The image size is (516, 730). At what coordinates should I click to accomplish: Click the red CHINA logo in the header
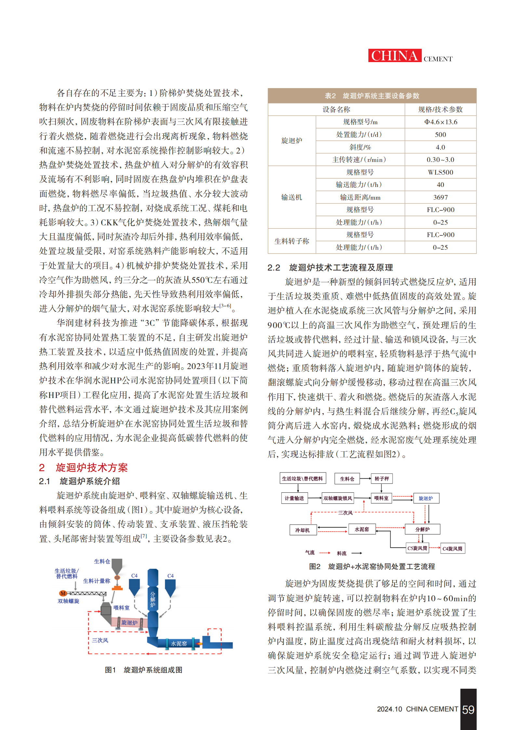coord(394,56)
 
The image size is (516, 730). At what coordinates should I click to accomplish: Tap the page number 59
coord(468,710)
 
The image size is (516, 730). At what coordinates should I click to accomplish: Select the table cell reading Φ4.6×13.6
coord(440,122)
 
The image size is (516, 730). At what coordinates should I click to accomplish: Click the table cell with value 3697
coord(440,197)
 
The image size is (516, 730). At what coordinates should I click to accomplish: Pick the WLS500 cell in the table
coord(440,172)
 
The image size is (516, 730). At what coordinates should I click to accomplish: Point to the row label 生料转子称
coord(292,241)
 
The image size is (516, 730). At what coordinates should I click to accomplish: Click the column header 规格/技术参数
coord(440,110)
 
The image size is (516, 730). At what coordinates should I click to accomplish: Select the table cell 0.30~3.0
coord(440,160)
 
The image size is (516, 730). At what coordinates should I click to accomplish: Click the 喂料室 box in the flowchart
coord(381,498)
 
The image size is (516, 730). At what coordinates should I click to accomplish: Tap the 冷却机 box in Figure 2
coord(302,530)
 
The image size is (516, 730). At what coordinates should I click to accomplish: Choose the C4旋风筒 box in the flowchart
coord(452,549)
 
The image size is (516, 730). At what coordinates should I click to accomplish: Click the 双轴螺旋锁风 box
coord(337,498)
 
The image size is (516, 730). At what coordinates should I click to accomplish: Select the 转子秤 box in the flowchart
coord(381,479)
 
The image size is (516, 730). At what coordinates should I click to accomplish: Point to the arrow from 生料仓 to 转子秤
coord(365,479)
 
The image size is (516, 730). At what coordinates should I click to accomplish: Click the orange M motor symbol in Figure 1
coord(63,593)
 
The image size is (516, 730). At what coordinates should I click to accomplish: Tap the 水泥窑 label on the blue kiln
coord(179,644)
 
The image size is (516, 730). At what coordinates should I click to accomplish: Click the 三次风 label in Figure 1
coord(100,640)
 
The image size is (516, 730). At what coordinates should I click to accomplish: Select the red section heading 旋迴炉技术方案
coord(91,468)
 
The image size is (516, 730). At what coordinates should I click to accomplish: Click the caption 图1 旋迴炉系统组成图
coord(143,670)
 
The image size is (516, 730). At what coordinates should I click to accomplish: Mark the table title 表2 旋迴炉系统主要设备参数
coord(372,96)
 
